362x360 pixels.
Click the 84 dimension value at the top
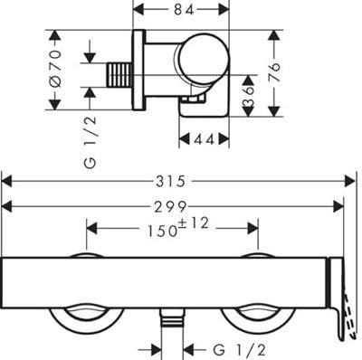183,10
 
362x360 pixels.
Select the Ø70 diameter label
56,69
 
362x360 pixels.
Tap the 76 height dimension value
275,72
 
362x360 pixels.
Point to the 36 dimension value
249,96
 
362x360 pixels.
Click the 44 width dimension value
204,139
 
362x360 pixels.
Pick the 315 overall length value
170,182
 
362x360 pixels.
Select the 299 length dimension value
170,207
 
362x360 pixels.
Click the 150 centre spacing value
162,232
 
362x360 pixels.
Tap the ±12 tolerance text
195,223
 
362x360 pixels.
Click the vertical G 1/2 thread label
90,142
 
